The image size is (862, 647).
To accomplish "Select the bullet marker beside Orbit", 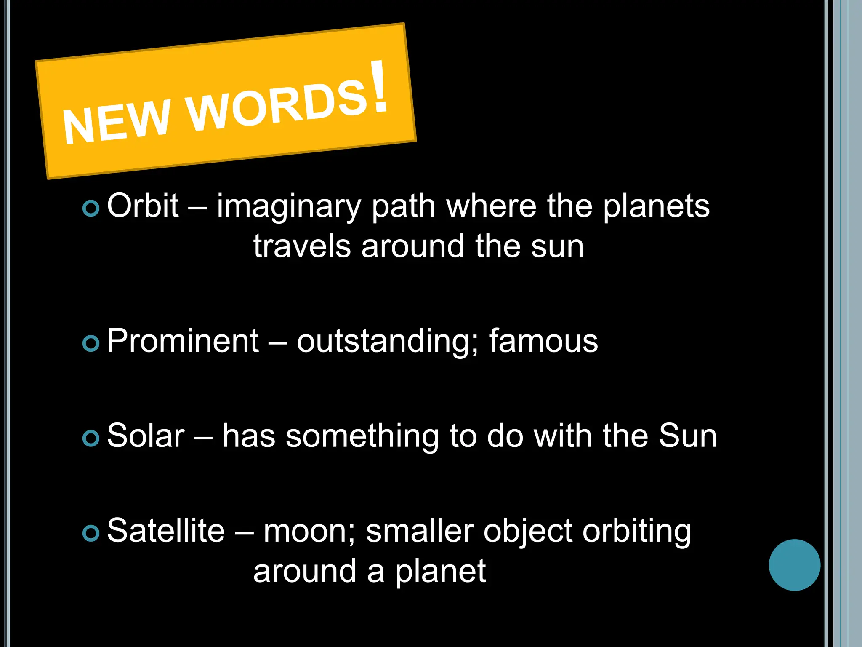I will point(91,208).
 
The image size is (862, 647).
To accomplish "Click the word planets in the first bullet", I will point(656,206).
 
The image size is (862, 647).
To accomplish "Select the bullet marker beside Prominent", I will point(91,343).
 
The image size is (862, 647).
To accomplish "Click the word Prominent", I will point(183,341).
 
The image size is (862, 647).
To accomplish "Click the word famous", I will point(543,341).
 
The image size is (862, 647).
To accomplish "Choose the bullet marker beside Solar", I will point(91,438).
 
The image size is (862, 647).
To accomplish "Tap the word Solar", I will point(146,436).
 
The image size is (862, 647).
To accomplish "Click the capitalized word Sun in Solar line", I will point(687,436).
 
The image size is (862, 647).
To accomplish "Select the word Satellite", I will point(166,530).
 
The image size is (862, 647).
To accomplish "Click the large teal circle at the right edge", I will point(794,565).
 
